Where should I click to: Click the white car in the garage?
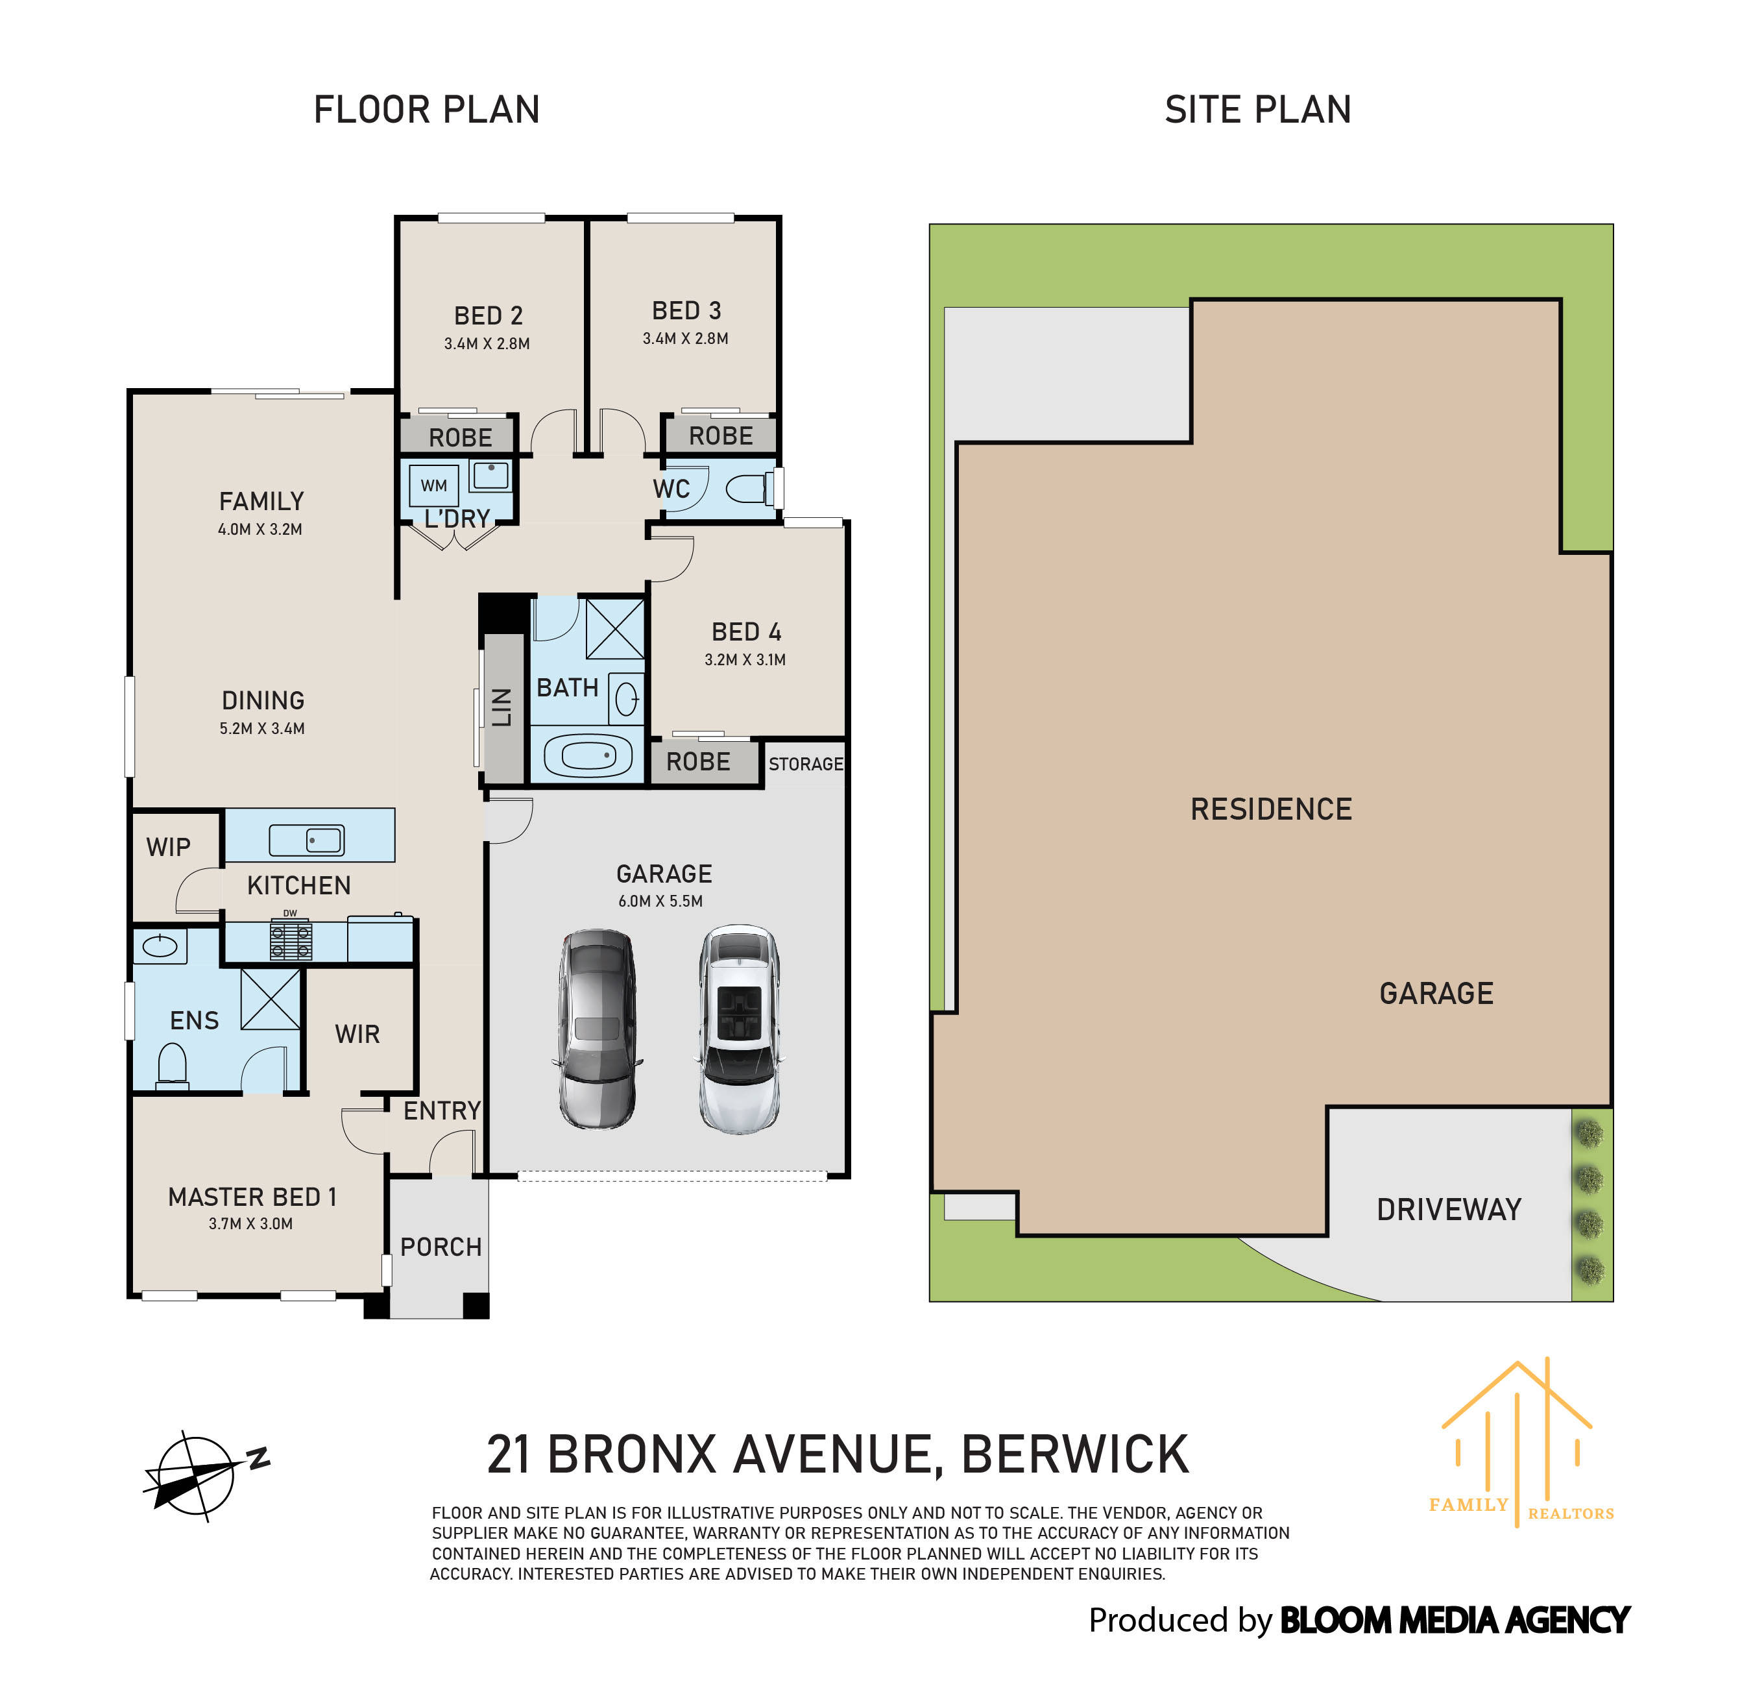pos(739,1030)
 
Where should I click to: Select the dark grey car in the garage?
pos(598,1030)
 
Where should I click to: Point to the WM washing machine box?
pos(434,486)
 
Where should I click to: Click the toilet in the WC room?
pos(747,489)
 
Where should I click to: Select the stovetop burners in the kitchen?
pos(291,941)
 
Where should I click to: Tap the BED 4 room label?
pos(746,633)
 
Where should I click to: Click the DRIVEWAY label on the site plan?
pos(1448,1210)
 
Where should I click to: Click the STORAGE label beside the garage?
pos(805,764)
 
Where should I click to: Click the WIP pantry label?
pos(168,847)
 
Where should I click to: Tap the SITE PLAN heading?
pos(1257,110)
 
